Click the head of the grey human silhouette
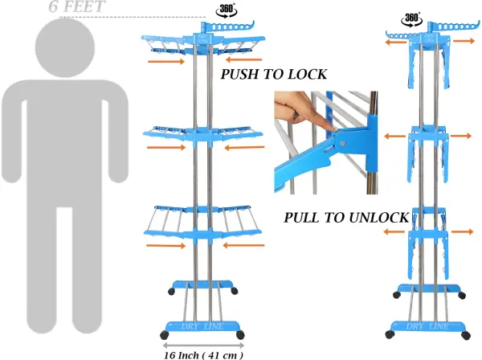point(65,47)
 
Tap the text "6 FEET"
point(77,6)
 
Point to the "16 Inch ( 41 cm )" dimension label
point(203,355)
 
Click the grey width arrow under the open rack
point(203,346)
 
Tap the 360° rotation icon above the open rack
point(227,10)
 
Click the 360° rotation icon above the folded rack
point(411,19)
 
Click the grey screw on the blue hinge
point(342,143)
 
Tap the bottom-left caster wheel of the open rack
point(165,335)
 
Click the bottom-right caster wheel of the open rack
point(240,335)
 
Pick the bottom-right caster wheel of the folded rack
point(466,335)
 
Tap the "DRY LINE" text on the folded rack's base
point(427,326)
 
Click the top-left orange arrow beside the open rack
point(166,62)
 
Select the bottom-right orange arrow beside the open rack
point(243,245)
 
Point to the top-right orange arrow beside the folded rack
point(464,41)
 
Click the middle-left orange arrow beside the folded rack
point(395,136)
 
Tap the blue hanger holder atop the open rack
point(228,27)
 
